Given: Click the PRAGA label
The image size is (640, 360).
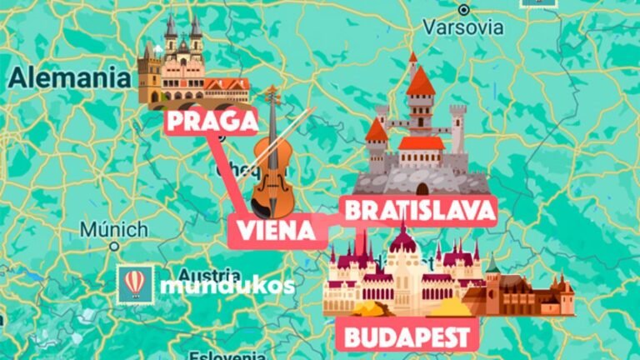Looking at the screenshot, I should (212, 122).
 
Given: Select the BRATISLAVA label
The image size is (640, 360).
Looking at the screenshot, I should (419, 211).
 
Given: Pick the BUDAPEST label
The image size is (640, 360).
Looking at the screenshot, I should (407, 337).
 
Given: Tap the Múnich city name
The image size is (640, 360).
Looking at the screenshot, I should (114, 228).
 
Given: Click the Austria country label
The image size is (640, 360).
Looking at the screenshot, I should (208, 274).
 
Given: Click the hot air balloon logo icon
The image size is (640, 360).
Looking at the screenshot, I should (135, 284).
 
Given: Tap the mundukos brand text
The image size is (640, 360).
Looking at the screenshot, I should (227, 286).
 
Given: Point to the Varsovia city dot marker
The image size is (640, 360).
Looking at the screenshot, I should (464, 10).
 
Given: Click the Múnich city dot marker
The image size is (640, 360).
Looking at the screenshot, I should (114, 246).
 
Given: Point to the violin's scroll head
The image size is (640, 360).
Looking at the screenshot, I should (271, 92).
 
